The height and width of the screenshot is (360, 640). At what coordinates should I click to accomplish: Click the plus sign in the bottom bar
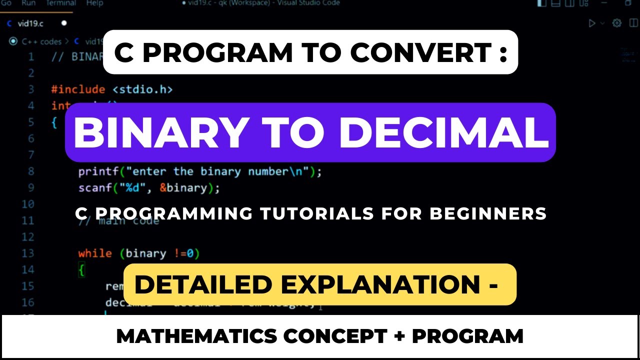(x=399, y=336)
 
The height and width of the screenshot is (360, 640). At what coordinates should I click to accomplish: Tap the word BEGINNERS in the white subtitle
(x=488, y=214)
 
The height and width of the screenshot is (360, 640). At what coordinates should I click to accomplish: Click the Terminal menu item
(x=60, y=3)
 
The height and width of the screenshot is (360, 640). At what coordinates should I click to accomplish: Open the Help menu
(x=94, y=3)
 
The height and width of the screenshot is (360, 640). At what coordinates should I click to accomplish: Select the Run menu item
(x=28, y=3)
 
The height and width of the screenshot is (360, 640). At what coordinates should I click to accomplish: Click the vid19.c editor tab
(x=30, y=23)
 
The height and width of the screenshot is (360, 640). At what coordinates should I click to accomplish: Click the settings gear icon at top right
(x=617, y=23)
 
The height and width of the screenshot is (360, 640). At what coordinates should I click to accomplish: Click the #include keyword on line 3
(x=78, y=89)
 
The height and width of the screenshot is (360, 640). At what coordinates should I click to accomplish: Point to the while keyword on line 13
(x=94, y=253)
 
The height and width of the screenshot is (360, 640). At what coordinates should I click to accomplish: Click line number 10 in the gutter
(x=28, y=204)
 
